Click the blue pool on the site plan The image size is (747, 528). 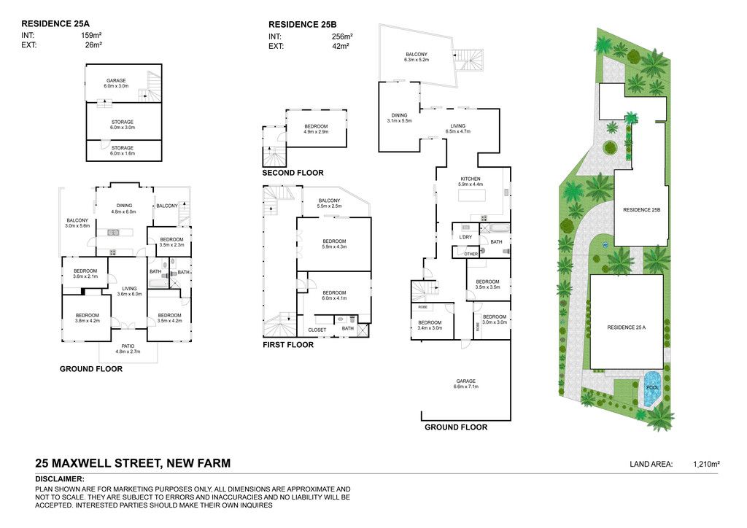tap(651, 389)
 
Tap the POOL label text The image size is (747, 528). tap(653, 387)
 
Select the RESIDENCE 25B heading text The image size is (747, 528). tap(303, 25)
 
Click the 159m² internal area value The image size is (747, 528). tap(91, 35)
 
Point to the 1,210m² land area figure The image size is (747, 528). tap(706, 464)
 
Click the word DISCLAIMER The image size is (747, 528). tap(60, 479)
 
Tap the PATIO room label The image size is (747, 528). tap(128, 346)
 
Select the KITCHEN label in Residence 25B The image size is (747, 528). tap(471, 179)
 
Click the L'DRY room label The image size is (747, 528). tap(465, 237)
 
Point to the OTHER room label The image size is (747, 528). tap(471, 255)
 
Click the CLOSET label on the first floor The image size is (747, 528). tap(317, 330)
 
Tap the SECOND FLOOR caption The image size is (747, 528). tap(293, 173)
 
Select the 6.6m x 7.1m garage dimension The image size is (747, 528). tap(466, 387)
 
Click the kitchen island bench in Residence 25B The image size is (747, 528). tap(472, 195)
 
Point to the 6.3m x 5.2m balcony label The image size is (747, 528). tap(417, 60)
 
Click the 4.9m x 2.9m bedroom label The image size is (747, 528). tap(316, 132)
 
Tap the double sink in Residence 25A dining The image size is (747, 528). tap(113, 233)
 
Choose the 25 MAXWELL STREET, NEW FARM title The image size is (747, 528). tap(133, 463)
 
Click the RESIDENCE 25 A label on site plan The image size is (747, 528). tap(626, 327)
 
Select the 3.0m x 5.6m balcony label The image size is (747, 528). tap(77, 226)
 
